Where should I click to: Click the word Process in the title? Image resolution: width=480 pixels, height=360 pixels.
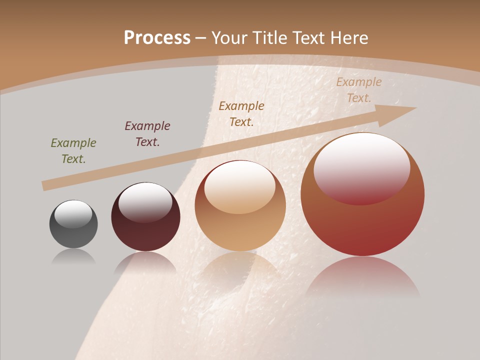[157, 38]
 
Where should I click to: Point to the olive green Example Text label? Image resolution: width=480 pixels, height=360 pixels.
[73, 151]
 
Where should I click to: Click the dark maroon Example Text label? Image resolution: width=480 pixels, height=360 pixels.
[147, 134]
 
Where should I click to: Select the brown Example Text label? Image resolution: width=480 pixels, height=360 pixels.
[241, 113]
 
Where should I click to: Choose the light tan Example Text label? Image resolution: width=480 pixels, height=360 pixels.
[359, 90]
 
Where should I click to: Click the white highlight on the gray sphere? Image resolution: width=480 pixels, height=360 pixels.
[73, 214]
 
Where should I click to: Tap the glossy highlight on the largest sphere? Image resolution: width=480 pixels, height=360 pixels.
[361, 167]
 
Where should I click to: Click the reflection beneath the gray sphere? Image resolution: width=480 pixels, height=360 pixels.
[73, 256]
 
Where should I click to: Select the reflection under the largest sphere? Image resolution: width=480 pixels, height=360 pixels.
[362, 277]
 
